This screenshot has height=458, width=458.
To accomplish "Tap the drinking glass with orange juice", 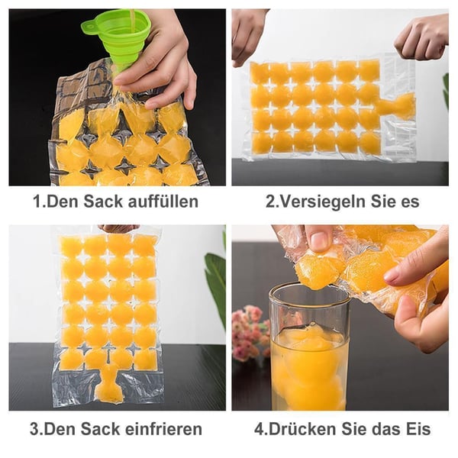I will click(x=308, y=347).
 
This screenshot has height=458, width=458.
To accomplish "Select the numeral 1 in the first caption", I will click(x=36, y=202).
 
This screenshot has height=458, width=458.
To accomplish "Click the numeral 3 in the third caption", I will click(x=34, y=429).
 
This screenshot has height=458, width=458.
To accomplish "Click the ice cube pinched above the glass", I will click(x=318, y=271).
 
